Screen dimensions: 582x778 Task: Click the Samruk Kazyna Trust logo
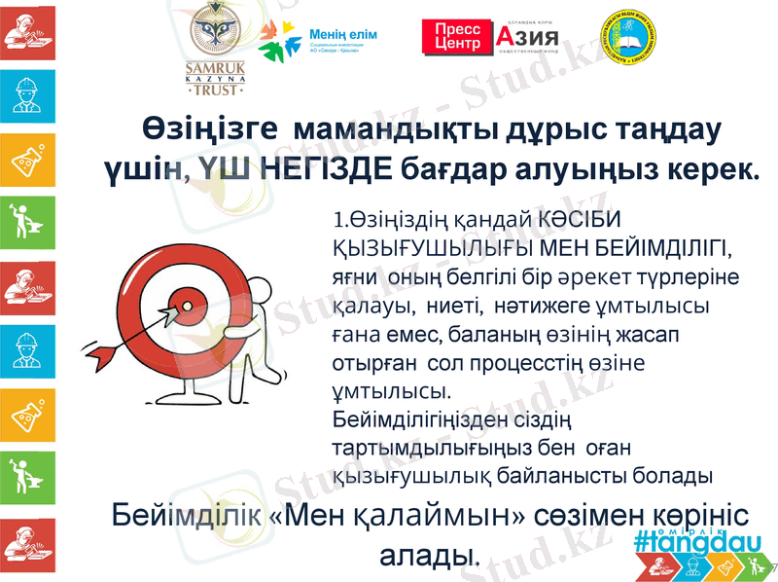[215, 49]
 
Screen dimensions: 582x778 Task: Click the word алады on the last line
[427, 556]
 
